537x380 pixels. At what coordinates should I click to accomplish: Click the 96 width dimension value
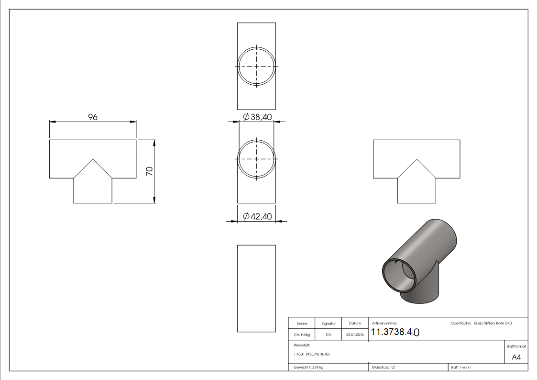(93, 117)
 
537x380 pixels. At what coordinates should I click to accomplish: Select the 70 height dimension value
(150, 171)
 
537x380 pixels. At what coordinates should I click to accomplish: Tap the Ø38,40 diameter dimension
(257, 117)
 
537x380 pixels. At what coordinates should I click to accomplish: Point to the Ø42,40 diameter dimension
(257, 217)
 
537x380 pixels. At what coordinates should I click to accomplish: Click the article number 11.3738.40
(395, 332)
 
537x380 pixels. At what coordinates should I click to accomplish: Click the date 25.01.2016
(354, 335)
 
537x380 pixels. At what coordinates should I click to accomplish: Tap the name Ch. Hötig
(302, 335)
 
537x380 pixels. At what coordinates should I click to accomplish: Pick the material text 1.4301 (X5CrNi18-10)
(312, 354)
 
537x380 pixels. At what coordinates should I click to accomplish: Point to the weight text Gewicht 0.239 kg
(309, 367)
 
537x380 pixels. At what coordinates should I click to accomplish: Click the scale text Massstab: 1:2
(383, 367)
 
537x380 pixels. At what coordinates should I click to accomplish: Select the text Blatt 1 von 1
(461, 367)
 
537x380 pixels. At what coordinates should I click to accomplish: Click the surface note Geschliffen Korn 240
(493, 324)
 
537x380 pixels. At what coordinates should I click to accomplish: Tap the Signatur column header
(329, 324)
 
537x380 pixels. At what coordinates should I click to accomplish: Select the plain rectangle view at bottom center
(256, 288)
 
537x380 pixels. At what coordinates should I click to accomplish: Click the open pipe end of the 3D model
(398, 276)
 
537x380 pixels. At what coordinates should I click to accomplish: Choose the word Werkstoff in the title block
(302, 345)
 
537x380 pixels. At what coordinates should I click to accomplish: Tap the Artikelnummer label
(384, 324)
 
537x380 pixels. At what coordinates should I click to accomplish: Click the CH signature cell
(329, 335)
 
